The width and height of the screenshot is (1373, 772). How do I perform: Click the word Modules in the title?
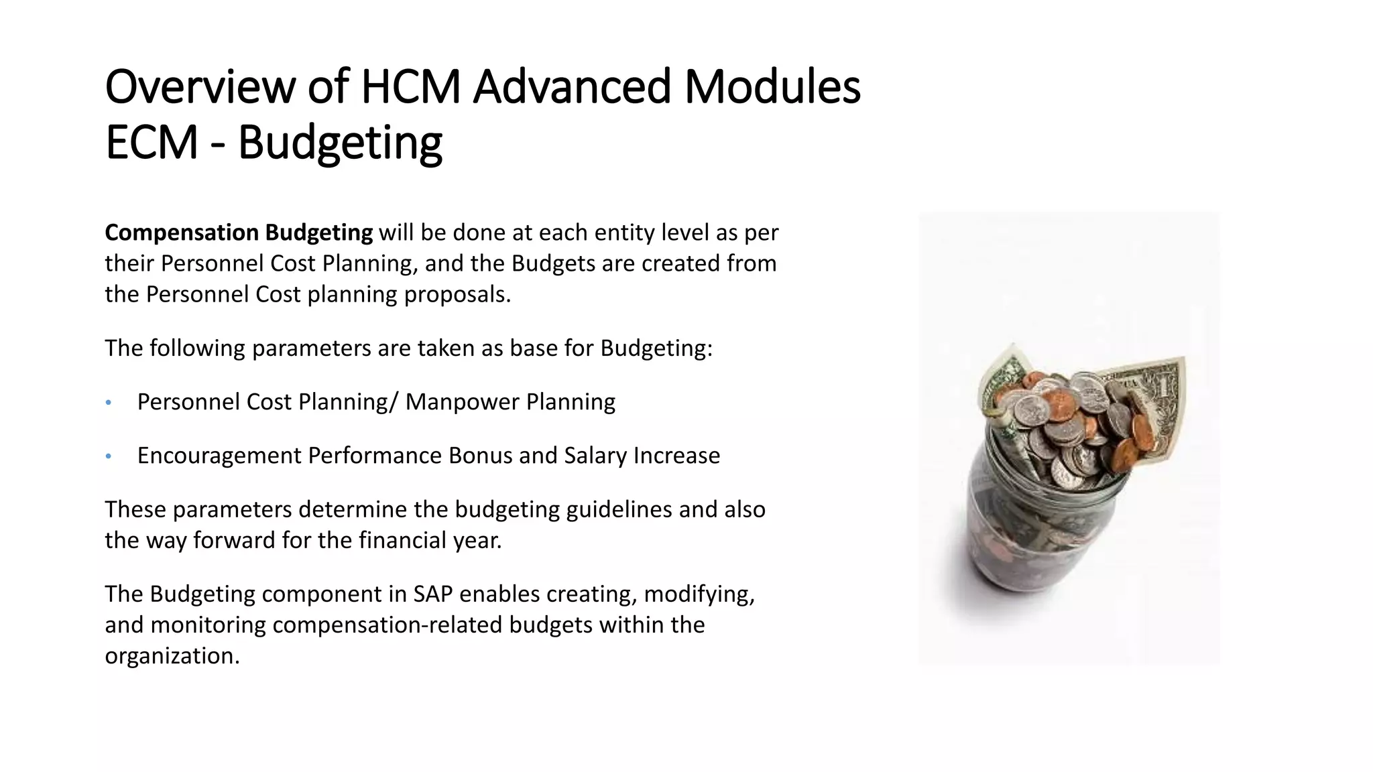[772, 87]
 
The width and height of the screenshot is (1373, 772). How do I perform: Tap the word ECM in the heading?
[152, 142]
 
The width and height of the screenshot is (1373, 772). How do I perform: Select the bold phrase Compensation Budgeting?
[239, 233]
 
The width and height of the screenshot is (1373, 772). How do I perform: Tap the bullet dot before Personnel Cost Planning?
[109, 403]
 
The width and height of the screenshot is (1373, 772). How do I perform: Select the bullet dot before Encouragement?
[109, 456]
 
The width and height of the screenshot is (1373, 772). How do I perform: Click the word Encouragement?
[219, 456]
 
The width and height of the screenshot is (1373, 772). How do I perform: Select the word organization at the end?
[172, 655]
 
